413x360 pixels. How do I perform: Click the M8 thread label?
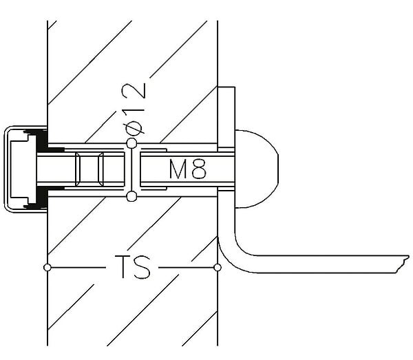click(187, 169)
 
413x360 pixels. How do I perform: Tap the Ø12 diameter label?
click(134, 109)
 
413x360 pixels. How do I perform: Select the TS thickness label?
click(132, 266)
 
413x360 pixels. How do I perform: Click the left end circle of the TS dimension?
click(47, 268)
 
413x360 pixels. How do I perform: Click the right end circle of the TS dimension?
click(218, 268)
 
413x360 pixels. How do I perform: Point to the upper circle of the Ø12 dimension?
click(131, 144)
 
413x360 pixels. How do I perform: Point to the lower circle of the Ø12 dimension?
click(131, 196)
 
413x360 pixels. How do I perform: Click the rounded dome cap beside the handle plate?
click(256, 169)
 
